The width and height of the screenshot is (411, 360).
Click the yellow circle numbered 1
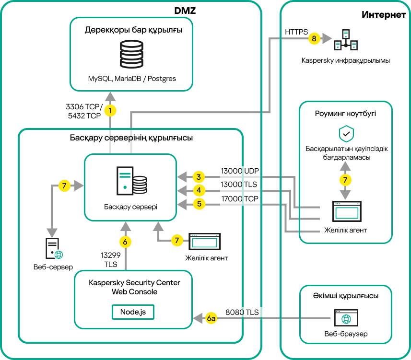tap(111, 111)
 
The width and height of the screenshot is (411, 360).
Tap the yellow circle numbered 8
tap(314, 39)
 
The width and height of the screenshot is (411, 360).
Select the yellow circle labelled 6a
tap(211, 318)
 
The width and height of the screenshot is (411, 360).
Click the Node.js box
tap(133, 312)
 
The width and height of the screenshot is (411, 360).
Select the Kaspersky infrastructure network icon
tap(346, 40)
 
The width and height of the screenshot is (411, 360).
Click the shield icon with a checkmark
tap(346, 134)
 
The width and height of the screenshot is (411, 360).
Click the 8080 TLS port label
tap(242, 313)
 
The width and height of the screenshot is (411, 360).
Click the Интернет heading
tap(384, 15)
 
